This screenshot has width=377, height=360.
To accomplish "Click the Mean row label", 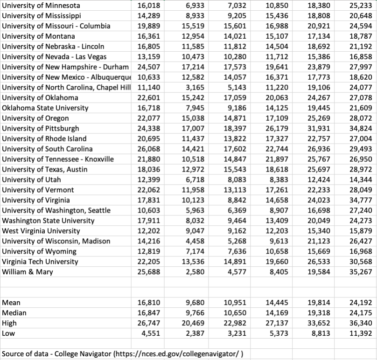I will (11, 303).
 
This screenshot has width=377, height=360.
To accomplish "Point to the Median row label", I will (14, 313).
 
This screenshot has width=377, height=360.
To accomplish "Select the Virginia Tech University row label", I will (40, 262).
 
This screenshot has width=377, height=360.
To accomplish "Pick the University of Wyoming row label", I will (36, 251).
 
